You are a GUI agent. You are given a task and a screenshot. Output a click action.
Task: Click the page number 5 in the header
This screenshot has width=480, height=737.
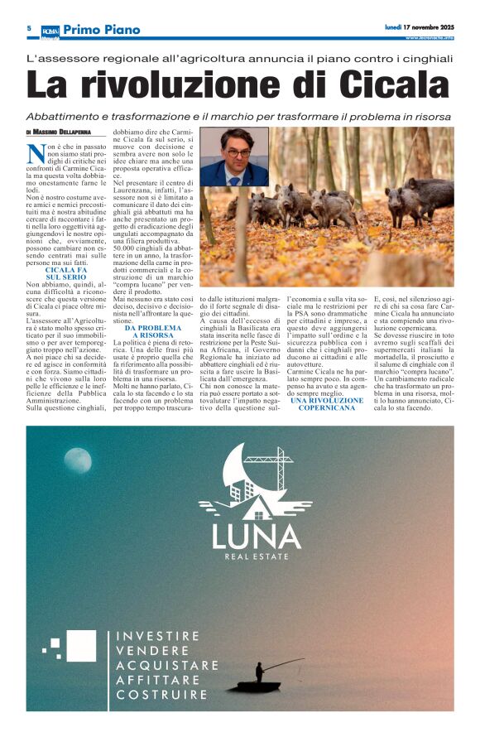tap(29, 28)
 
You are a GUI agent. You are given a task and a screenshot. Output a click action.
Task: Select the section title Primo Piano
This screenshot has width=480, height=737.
tap(102, 29)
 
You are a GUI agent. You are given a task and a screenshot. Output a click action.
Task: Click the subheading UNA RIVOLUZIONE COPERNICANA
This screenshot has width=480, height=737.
tap(327, 404)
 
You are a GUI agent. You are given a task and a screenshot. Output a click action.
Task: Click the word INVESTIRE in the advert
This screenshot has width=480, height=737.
tap(158, 636)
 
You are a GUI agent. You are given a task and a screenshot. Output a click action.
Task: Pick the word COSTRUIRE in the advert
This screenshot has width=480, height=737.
tap(161, 695)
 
